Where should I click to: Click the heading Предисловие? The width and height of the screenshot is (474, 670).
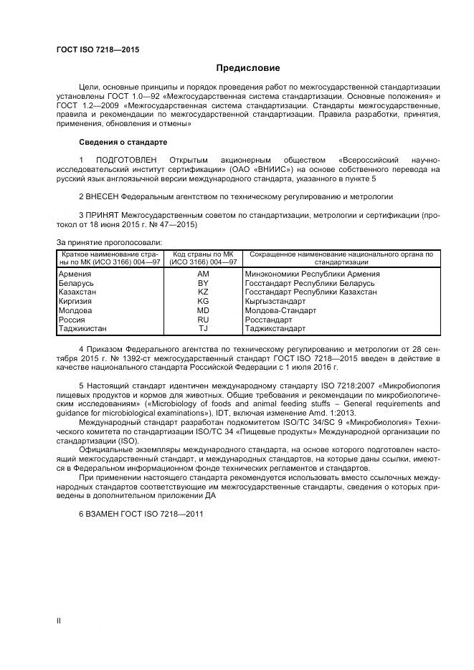coord(248,69)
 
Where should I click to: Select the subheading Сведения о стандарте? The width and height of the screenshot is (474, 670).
coord(123,142)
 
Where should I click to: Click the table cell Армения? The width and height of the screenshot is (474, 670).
coord(74,274)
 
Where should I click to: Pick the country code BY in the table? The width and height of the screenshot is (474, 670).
coord(202,283)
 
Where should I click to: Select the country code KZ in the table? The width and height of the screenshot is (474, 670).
coord(202,292)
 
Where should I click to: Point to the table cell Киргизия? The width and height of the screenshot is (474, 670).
coord(75,302)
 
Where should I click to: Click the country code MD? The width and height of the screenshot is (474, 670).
coord(202,311)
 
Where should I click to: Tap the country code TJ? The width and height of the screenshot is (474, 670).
coord(202,329)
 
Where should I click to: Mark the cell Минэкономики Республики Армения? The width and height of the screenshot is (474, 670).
coord(312,274)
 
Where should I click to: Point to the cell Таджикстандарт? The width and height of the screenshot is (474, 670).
coord(275,329)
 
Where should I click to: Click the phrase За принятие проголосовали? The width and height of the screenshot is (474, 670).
coord(109,242)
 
